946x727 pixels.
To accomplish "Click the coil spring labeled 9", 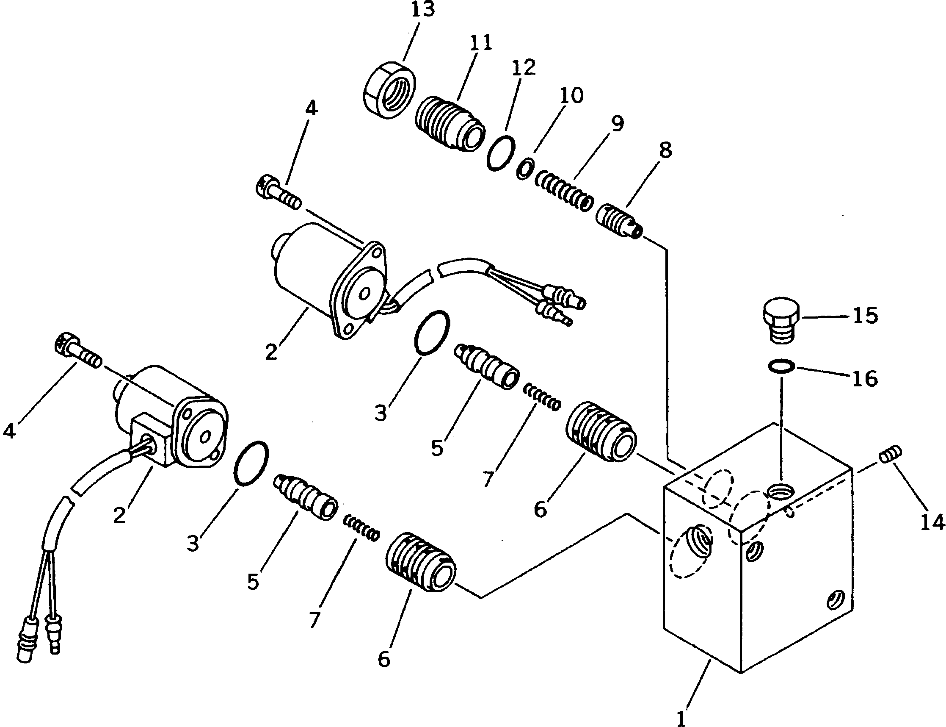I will tap(565, 189).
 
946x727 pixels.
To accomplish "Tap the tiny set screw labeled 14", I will tap(891, 455).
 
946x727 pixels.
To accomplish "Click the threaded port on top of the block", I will tap(781, 491).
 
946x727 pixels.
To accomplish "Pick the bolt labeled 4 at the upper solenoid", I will tap(278, 195).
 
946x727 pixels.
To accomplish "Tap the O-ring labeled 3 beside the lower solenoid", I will tap(250, 463).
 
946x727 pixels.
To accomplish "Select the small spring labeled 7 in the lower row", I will tap(362, 529).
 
